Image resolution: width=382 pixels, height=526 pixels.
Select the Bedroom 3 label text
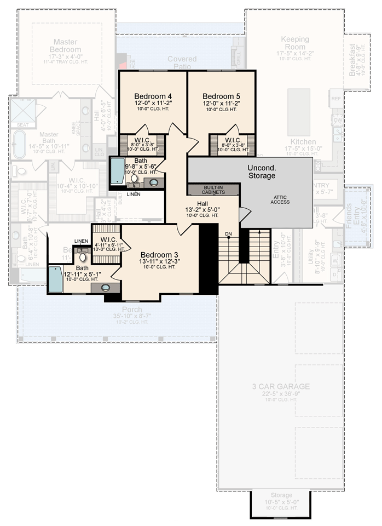click(160, 255)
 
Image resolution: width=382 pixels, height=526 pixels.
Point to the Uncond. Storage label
click(261, 171)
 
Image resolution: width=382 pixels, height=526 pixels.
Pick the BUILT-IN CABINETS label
click(213, 190)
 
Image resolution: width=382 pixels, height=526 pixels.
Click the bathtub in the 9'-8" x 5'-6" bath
click(118, 171)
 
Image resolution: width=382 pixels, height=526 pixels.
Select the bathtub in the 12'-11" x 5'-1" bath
click(55, 279)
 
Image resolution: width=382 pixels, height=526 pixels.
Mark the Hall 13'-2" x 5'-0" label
click(202, 203)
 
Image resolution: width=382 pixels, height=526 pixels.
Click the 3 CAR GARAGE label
click(281, 386)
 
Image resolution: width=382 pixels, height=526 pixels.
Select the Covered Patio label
click(182, 62)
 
